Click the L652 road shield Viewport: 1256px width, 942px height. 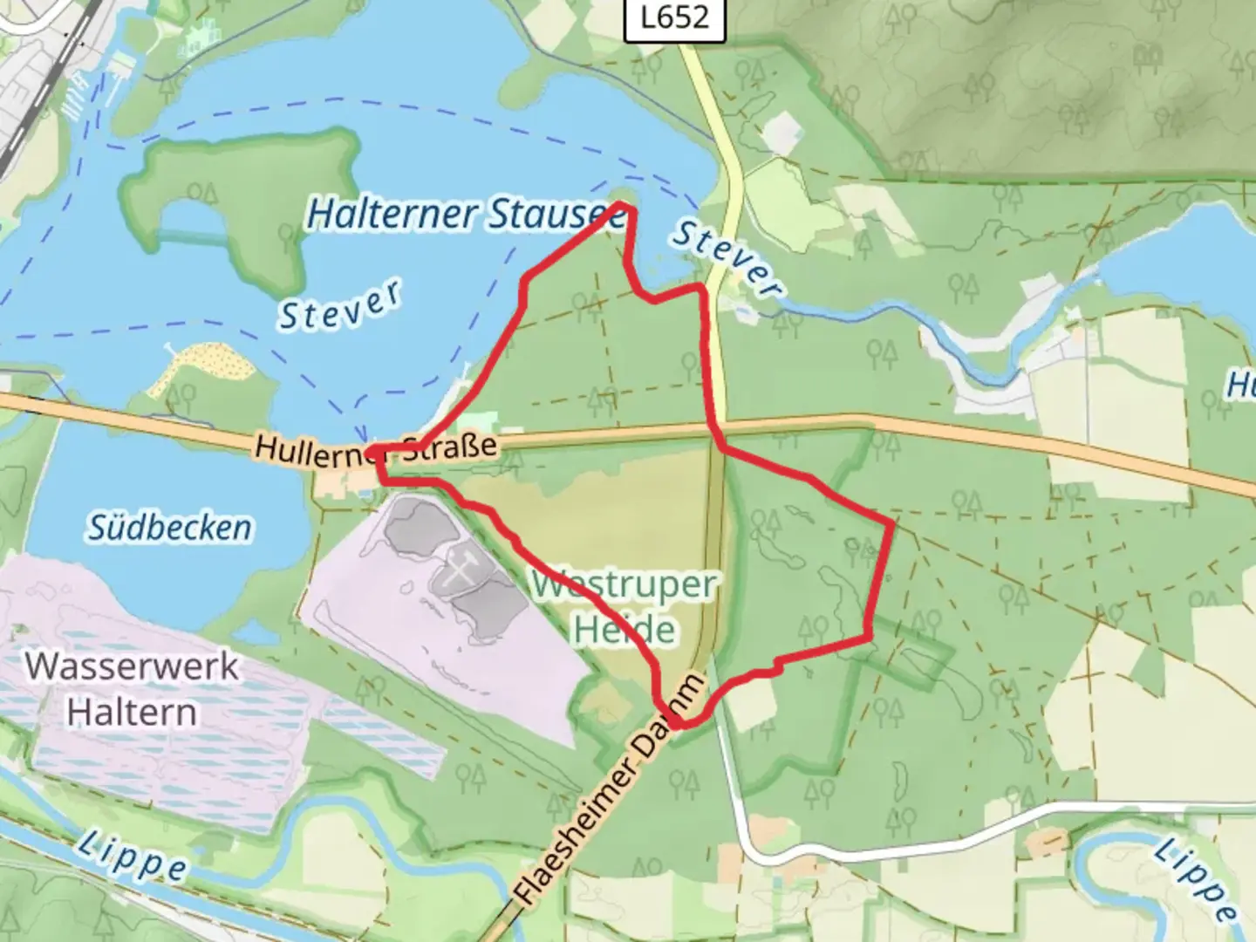(x=674, y=17)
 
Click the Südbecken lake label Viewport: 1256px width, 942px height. (x=170, y=527)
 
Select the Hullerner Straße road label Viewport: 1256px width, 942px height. (x=376, y=448)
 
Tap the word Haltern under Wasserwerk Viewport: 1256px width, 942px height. (x=132, y=712)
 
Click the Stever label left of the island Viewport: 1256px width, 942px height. (x=340, y=305)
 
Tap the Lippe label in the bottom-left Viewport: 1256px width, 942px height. (x=132, y=855)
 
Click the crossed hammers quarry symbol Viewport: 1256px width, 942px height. (x=461, y=568)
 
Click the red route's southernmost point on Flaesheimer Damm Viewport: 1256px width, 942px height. (x=677, y=723)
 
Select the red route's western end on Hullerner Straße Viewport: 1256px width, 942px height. (x=372, y=452)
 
